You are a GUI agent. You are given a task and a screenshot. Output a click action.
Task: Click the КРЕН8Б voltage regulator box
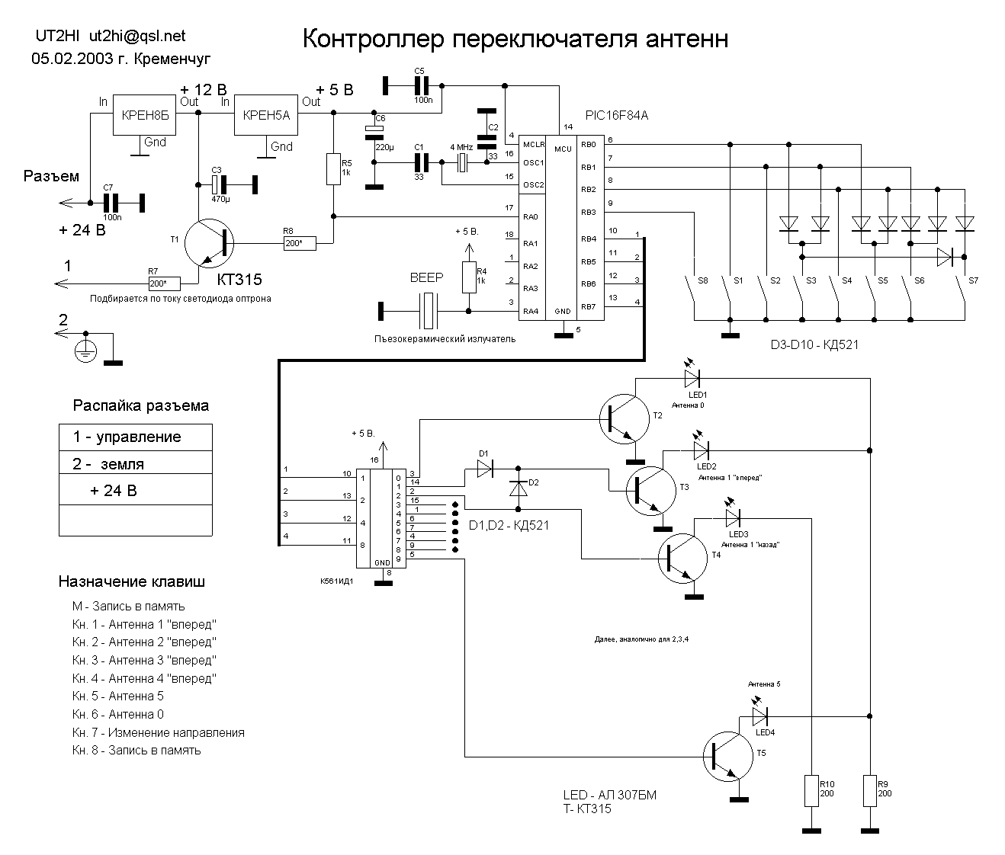[144, 114]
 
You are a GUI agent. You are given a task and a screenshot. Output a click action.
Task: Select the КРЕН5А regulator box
[266, 114]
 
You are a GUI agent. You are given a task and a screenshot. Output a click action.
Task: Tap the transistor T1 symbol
[209, 243]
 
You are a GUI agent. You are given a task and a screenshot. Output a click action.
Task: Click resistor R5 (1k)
[333, 169]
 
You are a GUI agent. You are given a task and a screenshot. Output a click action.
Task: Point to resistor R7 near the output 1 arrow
[165, 283]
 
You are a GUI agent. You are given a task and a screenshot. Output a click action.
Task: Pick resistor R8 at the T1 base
[300, 243]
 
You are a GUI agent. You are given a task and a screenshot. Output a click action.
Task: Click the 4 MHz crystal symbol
[462, 162]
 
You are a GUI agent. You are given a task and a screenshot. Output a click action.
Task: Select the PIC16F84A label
[617, 116]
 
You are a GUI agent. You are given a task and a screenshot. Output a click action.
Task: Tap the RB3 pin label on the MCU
[589, 213]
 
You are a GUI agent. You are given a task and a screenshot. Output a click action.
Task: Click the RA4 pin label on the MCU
[531, 312]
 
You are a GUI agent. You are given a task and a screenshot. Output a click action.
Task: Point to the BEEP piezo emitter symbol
[428, 311]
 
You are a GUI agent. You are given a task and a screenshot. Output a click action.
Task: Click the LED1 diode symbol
[692, 378]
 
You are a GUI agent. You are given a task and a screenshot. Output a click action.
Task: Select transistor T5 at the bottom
[728, 757]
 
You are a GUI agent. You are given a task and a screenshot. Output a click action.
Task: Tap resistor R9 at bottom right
[870, 791]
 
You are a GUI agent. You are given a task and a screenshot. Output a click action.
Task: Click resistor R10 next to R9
[811, 791]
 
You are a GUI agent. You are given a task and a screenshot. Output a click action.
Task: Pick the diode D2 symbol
[519, 488]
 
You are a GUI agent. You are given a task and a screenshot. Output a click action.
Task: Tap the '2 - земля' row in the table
[136, 463]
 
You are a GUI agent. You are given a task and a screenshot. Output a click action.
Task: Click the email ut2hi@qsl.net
[137, 36]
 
